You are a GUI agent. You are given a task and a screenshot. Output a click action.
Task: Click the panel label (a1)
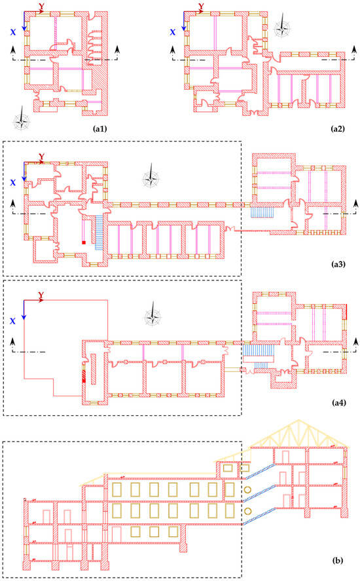99,129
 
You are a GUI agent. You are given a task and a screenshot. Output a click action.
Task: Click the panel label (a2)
337,129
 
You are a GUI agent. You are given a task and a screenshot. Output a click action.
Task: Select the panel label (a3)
338,264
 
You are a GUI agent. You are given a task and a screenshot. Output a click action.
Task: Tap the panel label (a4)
338,402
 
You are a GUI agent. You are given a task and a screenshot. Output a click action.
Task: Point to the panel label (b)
338,561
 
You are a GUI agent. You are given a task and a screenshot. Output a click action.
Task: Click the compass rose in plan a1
22,119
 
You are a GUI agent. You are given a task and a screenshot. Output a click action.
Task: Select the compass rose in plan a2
282,27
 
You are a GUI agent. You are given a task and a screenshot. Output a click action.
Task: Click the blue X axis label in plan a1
13,32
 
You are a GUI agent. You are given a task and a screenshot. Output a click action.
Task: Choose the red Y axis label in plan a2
201,7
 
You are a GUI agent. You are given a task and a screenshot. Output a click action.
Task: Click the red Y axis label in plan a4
41,295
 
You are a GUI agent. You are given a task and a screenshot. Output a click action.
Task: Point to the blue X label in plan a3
13,183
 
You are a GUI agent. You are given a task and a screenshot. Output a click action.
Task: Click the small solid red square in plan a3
84,242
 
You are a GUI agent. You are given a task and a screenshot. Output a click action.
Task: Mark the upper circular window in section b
247,490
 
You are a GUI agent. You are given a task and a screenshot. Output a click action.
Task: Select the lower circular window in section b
247,512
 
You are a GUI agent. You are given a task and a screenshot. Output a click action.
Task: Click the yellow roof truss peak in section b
299,421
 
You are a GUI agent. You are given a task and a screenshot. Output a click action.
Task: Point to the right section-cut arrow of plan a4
356,343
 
